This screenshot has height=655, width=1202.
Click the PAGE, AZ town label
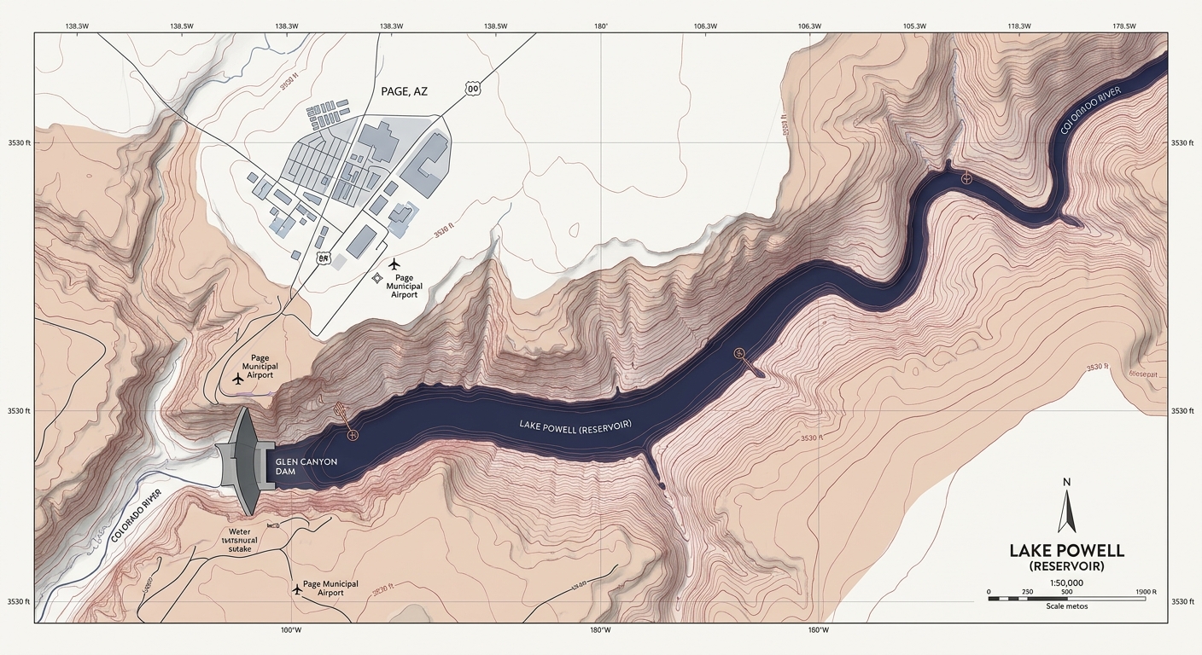(402, 91)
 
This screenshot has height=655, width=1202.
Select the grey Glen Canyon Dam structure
(245, 461)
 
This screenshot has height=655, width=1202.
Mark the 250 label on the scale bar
(1028, 592)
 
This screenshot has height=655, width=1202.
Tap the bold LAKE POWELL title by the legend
(1066, 550)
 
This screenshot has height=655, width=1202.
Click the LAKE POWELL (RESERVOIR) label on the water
(575, 426)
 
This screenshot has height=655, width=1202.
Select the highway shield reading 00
(472, 88)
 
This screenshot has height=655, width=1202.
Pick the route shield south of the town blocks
(323, 257)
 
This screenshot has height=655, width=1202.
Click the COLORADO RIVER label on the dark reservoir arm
(1096, 111)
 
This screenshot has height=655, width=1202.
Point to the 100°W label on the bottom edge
(291, 630)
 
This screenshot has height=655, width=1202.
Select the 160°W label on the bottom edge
(817, 630)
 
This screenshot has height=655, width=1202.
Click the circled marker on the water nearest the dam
(353, 435)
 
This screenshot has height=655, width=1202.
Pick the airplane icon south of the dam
(296, 588)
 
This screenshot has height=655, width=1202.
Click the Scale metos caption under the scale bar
(1066, 606)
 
